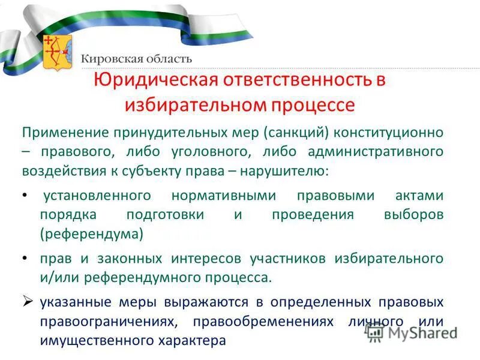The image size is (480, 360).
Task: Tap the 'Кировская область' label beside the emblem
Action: click(137, 59)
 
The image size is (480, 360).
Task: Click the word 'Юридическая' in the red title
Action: click(154, 82)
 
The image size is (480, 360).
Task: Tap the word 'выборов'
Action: click(415, 215)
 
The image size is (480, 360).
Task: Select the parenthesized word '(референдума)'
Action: click(92, 234)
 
